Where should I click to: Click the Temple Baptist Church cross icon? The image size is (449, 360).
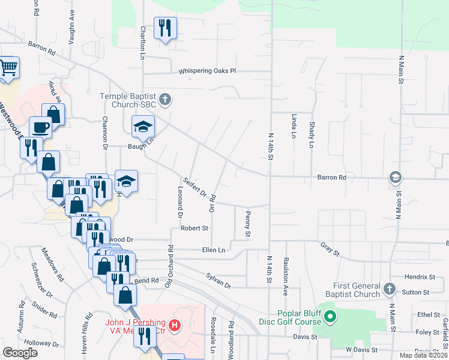166,100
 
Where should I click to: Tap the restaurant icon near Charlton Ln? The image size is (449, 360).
164,28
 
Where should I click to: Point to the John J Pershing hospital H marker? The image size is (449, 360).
174,326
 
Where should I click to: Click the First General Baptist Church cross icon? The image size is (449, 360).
388,289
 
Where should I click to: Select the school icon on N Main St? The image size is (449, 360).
395,177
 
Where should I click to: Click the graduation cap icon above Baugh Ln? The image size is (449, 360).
143,127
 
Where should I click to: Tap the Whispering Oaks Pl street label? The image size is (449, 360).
208,71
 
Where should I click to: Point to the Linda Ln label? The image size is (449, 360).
294,127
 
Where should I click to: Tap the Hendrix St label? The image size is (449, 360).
420,277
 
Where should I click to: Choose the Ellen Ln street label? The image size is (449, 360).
213,250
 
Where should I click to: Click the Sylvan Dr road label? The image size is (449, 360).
218,281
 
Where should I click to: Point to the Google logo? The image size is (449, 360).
20,353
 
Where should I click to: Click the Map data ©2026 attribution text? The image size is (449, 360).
423,355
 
